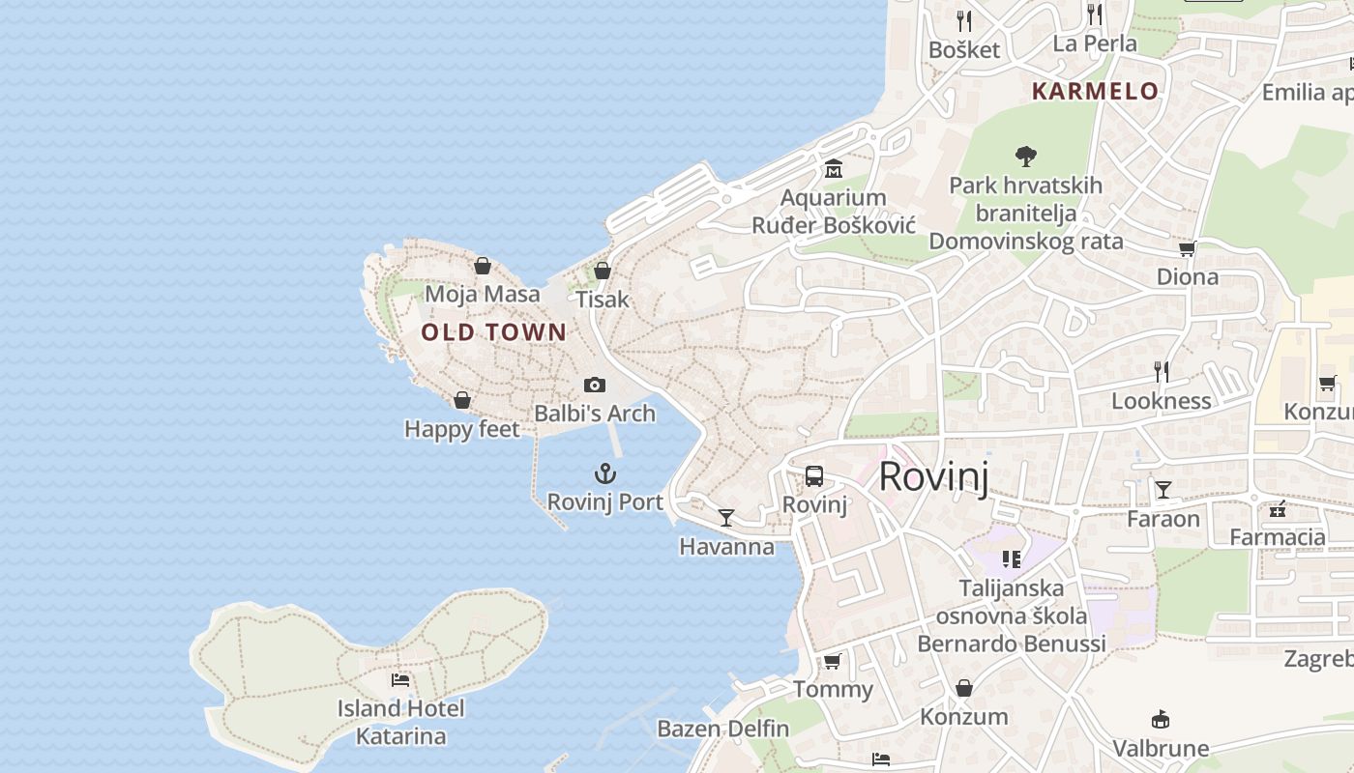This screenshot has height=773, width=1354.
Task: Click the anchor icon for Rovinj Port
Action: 604,473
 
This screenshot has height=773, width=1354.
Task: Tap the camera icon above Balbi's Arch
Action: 595,385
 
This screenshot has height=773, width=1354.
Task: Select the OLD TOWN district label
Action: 494,332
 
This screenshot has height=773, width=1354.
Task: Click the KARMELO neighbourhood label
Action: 1095,91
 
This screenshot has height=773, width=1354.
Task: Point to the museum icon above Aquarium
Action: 833,169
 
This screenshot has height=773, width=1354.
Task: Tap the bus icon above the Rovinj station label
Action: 814,475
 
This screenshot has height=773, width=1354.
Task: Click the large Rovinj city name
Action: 933,477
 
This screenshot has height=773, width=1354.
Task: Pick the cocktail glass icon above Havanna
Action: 726,518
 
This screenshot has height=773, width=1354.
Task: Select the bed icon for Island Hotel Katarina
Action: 400,680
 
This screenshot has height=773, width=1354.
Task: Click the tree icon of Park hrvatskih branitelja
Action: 1025,156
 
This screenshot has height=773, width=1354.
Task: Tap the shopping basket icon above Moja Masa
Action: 483,266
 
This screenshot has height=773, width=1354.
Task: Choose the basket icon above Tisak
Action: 603,271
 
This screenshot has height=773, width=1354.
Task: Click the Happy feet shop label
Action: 462,429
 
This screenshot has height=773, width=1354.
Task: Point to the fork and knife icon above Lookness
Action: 1162,371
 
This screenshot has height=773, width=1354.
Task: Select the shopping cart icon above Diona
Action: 1187,248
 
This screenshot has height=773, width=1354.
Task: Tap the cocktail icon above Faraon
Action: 1163,490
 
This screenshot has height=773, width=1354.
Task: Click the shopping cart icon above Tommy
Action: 832,662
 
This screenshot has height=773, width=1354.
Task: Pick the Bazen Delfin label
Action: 723,729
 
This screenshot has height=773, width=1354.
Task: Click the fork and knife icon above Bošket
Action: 963,20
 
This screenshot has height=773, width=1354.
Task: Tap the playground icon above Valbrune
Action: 1161,719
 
